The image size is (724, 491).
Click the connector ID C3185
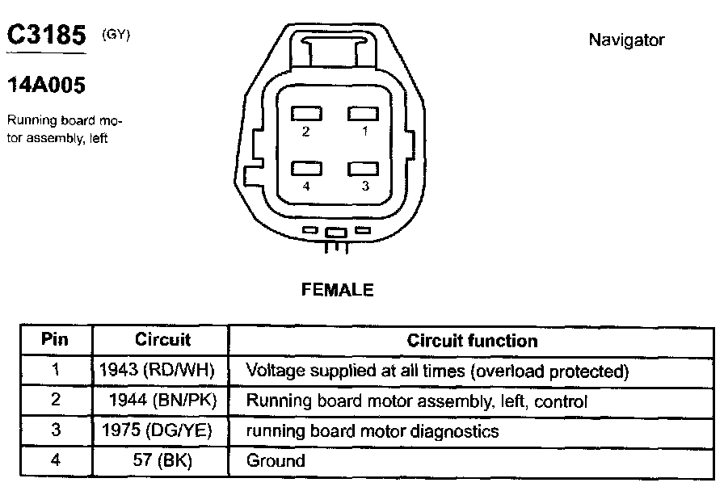46,36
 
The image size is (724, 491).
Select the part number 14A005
46,85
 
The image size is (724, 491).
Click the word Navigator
626,40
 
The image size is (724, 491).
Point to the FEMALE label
338,290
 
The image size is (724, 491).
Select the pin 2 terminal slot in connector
307,114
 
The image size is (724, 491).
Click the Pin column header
55,340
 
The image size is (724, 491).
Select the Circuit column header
162,340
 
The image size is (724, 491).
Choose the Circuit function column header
472,341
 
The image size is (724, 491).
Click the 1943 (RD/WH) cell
158,371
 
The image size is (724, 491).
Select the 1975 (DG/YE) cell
158,430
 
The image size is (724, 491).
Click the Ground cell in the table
276,461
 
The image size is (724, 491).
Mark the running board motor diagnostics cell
372,431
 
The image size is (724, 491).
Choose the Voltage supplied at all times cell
436,371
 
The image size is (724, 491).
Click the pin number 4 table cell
55,461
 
